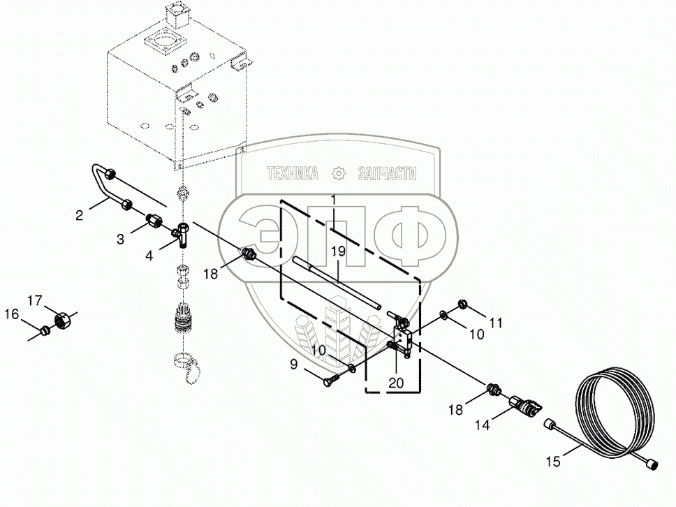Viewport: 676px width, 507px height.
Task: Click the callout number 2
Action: pos(80,216)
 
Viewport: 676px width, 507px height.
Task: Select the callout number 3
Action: pos(121,239)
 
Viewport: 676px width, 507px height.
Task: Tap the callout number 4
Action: pos(149,256)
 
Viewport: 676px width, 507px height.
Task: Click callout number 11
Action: pos(496,323)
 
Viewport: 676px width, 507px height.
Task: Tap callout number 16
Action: pos(12,315)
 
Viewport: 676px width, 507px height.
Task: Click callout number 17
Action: pos(34,300)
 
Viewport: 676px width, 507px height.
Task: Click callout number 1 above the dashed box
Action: pos(334,200)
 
